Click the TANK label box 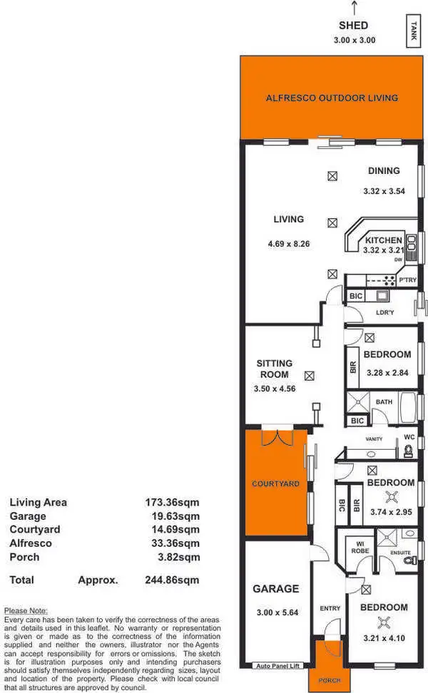click(414, 31)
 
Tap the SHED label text click(353, 26)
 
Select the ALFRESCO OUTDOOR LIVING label click(331, 98)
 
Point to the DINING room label click(384, 171)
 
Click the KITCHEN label click(383, 240)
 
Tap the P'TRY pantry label click(408, 280)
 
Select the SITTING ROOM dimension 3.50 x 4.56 click(274, 389)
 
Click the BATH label click(384, 402)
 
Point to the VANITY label click(374, 439)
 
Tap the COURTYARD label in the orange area click(275, 484)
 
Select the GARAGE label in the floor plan click(275, 589)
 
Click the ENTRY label click(330, 608)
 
